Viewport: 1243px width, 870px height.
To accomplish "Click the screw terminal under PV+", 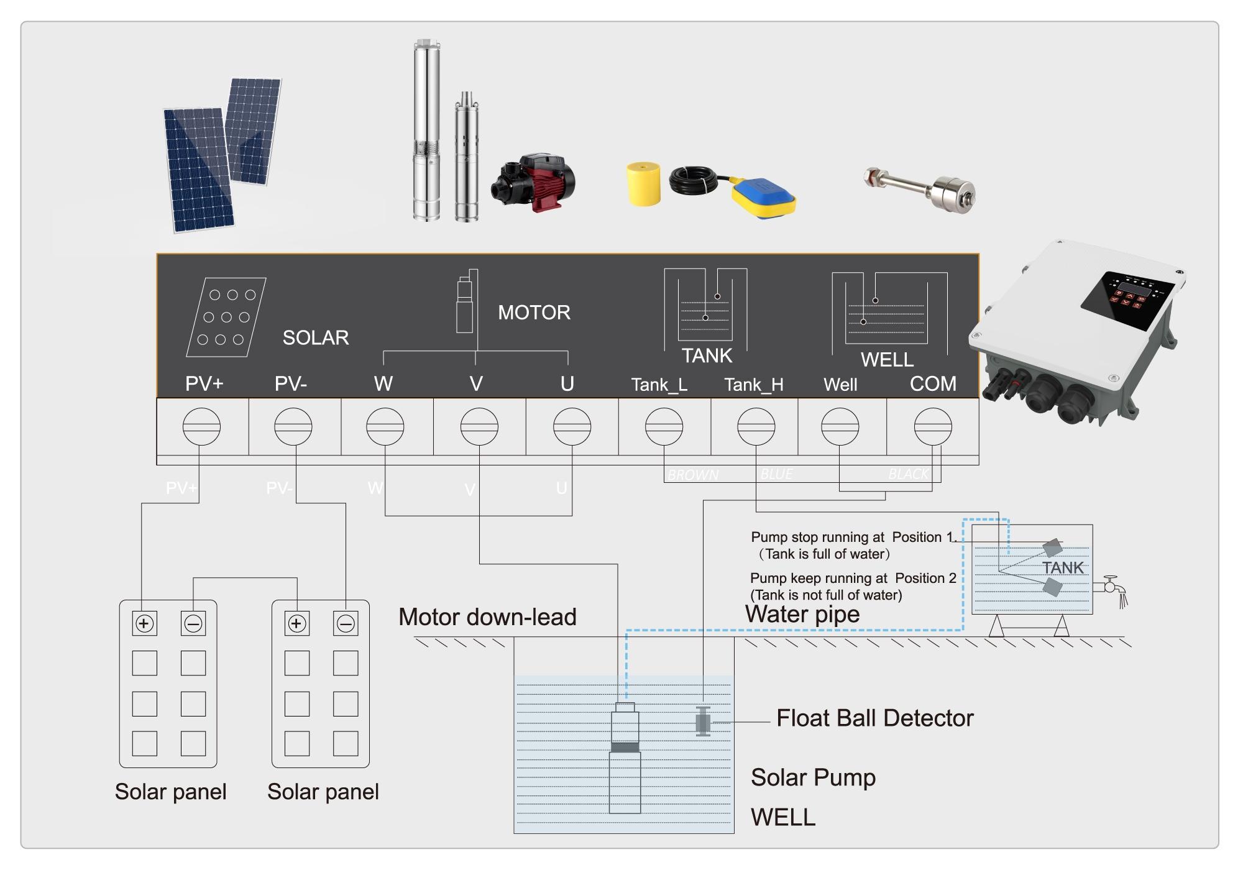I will click(201, 427).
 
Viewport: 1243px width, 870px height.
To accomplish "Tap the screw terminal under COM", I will click(932, 427).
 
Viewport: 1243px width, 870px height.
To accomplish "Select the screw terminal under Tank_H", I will click(756, 427).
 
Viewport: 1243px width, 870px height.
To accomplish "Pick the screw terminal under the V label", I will click(479, 427).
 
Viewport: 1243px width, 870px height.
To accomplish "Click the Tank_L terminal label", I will click(659, 385).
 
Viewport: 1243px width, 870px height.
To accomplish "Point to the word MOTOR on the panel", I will click(534, 313).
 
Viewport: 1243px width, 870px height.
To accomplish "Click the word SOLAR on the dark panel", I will click(316, 338).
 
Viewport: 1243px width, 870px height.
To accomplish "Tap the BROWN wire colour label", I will click(693, 475).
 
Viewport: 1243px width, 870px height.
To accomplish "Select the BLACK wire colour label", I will click(908, 475).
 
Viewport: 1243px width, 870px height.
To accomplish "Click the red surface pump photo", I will click(534, 183).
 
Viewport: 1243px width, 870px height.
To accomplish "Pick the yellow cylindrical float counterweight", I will click(643, 184).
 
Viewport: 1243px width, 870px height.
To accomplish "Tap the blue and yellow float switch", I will click(763, 198).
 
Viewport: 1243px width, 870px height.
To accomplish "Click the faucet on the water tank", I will click(1112, 587).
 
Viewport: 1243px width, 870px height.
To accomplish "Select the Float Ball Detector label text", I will click(874, 718).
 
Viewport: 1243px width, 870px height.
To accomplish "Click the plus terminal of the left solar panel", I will click(144, 623).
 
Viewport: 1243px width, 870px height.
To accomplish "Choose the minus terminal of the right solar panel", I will click(346, 623).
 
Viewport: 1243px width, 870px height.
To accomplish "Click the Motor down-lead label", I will click(487, 617).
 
